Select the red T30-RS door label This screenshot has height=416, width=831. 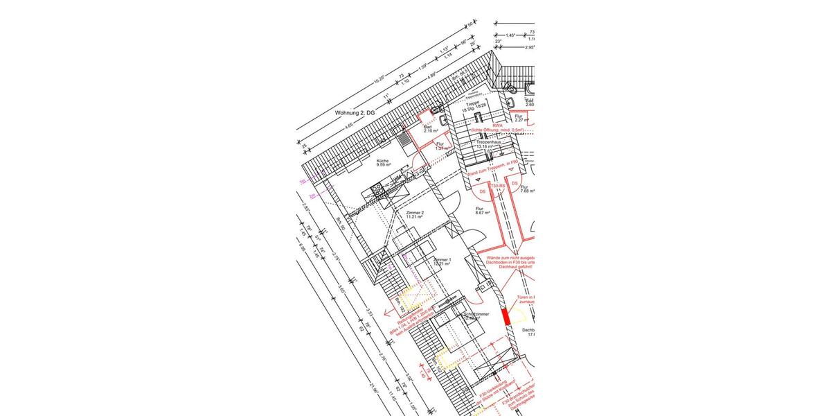pos(497,187)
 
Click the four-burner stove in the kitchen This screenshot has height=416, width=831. pos(378,187)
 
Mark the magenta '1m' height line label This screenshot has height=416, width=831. pos(303,181)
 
